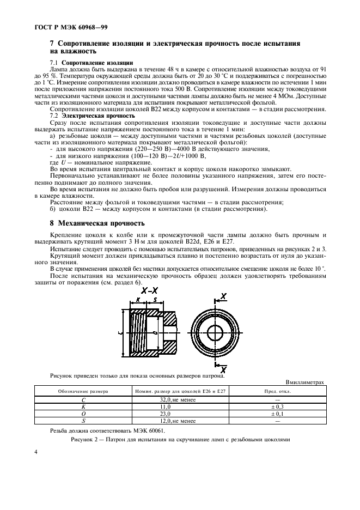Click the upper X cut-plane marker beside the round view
[x=223, y=296]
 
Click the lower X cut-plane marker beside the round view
[x=223, y=369]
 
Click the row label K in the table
[x=83, y=422]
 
